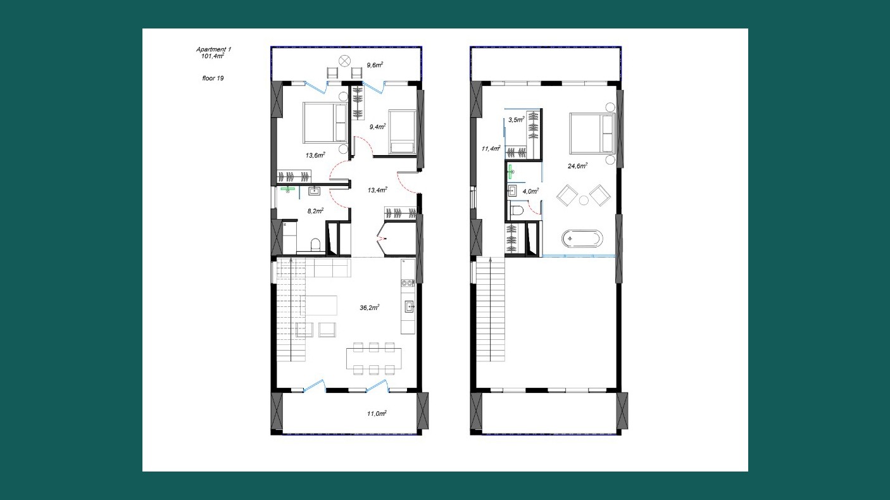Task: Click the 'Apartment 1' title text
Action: tap(213, 49)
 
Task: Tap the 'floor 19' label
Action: tap(213, 78)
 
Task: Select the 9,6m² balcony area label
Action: tap(375, 65)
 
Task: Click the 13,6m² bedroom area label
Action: tap(315, 155)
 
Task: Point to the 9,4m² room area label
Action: tap(377, 127)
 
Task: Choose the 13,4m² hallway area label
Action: tap(377, 190)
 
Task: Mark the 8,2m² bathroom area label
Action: tap(315, 211)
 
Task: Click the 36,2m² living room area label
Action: tap(370, 308)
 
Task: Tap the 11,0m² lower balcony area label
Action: tap(377, 413)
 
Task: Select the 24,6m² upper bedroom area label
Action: tap(578, 166)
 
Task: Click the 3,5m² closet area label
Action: tap(517, 120)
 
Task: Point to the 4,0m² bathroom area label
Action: tap(530, 191)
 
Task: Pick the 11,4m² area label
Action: tap(491, 149)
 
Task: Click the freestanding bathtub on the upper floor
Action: tap(582, 239)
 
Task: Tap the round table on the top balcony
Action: tap(344, 61)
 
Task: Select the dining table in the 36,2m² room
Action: tap(373, 359)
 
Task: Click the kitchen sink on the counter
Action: tap(410, 306)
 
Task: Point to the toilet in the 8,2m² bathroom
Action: tap(315, 244)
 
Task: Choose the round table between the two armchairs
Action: tap(584, 201)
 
